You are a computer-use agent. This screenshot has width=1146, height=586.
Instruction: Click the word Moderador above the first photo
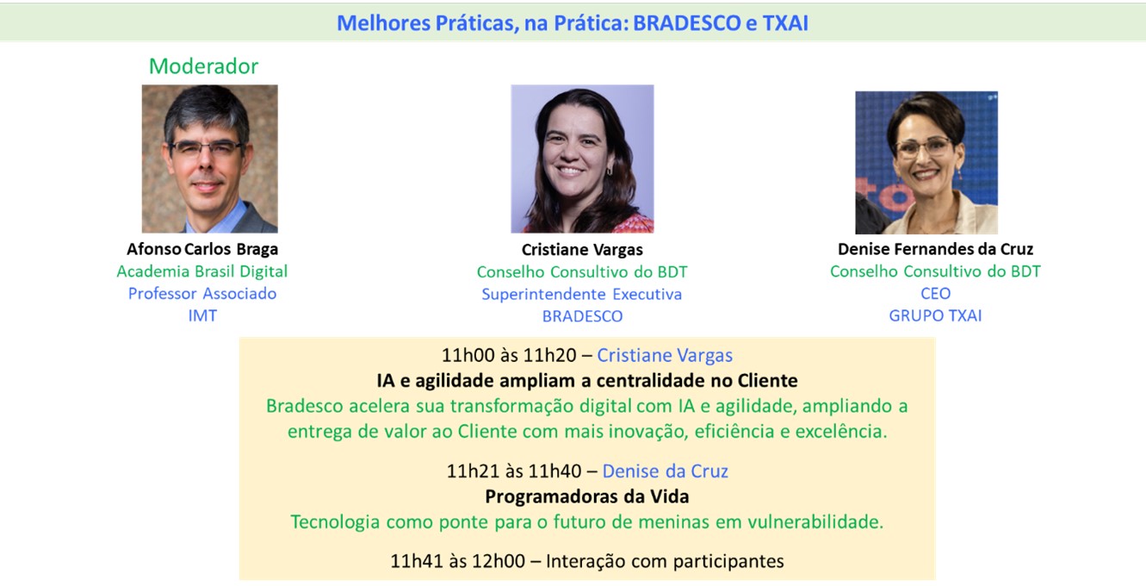pos(203,66)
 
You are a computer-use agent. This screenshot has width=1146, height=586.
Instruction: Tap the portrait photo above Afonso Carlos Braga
pos(209,159)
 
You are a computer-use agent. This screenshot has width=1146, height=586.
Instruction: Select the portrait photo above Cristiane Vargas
pos(582,159)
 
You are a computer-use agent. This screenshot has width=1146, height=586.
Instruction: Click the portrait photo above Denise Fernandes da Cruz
pos(926,163)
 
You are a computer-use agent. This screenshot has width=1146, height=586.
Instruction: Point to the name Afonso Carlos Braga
pos(202,249)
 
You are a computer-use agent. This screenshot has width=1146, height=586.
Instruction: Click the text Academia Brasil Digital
pos(202,271)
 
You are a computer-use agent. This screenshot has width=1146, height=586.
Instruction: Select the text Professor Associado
pos(202,294)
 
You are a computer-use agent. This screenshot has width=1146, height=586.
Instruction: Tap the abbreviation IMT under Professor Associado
pos(202,315)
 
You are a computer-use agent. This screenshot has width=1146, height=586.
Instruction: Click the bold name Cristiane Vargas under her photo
pos(582,250)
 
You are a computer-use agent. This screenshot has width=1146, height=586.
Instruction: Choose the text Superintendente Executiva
pos(582,295)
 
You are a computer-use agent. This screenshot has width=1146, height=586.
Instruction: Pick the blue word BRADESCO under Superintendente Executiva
pos(582,316)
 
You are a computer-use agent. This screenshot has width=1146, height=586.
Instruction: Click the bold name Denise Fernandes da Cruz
pos(935,249)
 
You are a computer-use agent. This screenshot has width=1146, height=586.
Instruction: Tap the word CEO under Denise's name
pos(935,294)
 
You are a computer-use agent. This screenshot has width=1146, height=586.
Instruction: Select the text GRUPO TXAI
pos(935,315)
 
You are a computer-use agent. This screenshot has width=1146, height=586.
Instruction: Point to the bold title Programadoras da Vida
pos(587,497)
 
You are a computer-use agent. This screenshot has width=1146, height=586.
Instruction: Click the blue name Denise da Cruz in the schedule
pos(665,471)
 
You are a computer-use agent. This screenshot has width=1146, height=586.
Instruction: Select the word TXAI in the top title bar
pos(785,23)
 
